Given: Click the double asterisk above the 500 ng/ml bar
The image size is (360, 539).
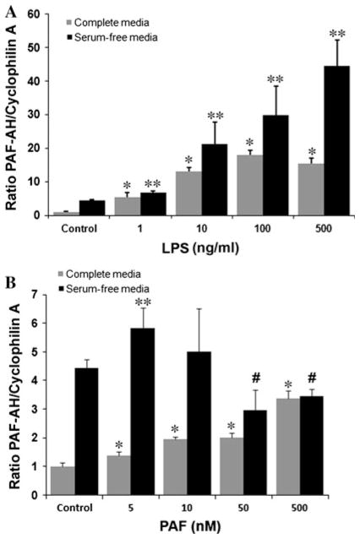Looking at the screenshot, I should [x=314, y=34].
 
